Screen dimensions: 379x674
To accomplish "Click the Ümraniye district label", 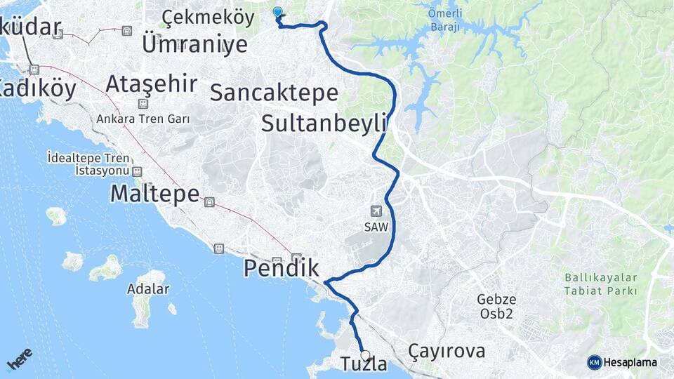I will [194, 45].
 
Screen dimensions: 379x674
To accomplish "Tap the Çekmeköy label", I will [198, 16].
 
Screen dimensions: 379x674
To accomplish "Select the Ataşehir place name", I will [151, 84].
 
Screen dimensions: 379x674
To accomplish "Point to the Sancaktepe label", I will [274, 92].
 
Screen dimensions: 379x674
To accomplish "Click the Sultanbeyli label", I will [324, 124].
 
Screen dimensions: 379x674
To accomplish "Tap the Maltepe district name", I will [155, 194].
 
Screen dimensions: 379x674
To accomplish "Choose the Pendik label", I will [281, 267].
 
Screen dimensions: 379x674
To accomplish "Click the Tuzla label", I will [364, 364].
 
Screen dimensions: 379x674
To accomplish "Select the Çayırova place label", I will [447, 351].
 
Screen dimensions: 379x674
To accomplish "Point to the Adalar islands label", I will [147, 289].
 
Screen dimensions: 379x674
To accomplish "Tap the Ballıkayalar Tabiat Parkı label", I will [601, 284].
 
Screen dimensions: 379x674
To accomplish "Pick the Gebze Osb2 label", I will [496, 306].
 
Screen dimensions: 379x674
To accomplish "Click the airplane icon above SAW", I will [376, 211].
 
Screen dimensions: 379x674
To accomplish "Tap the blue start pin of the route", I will [277, 13].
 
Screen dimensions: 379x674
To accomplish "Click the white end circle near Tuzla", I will [365, 355].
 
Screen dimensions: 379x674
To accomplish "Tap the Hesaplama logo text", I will [629, 362].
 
